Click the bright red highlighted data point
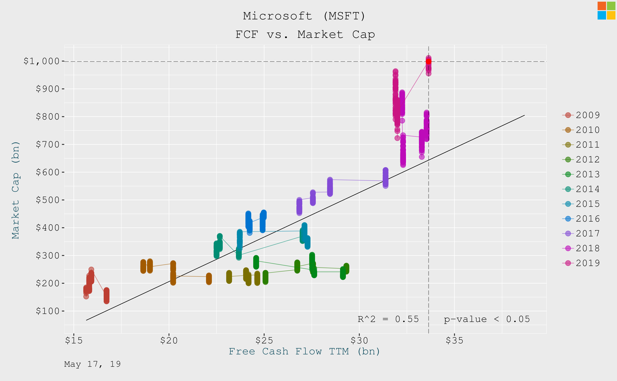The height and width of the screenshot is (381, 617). point(428,61)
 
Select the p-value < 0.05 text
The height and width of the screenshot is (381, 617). point(487,319)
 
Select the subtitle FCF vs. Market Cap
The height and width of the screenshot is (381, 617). point(305,35)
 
